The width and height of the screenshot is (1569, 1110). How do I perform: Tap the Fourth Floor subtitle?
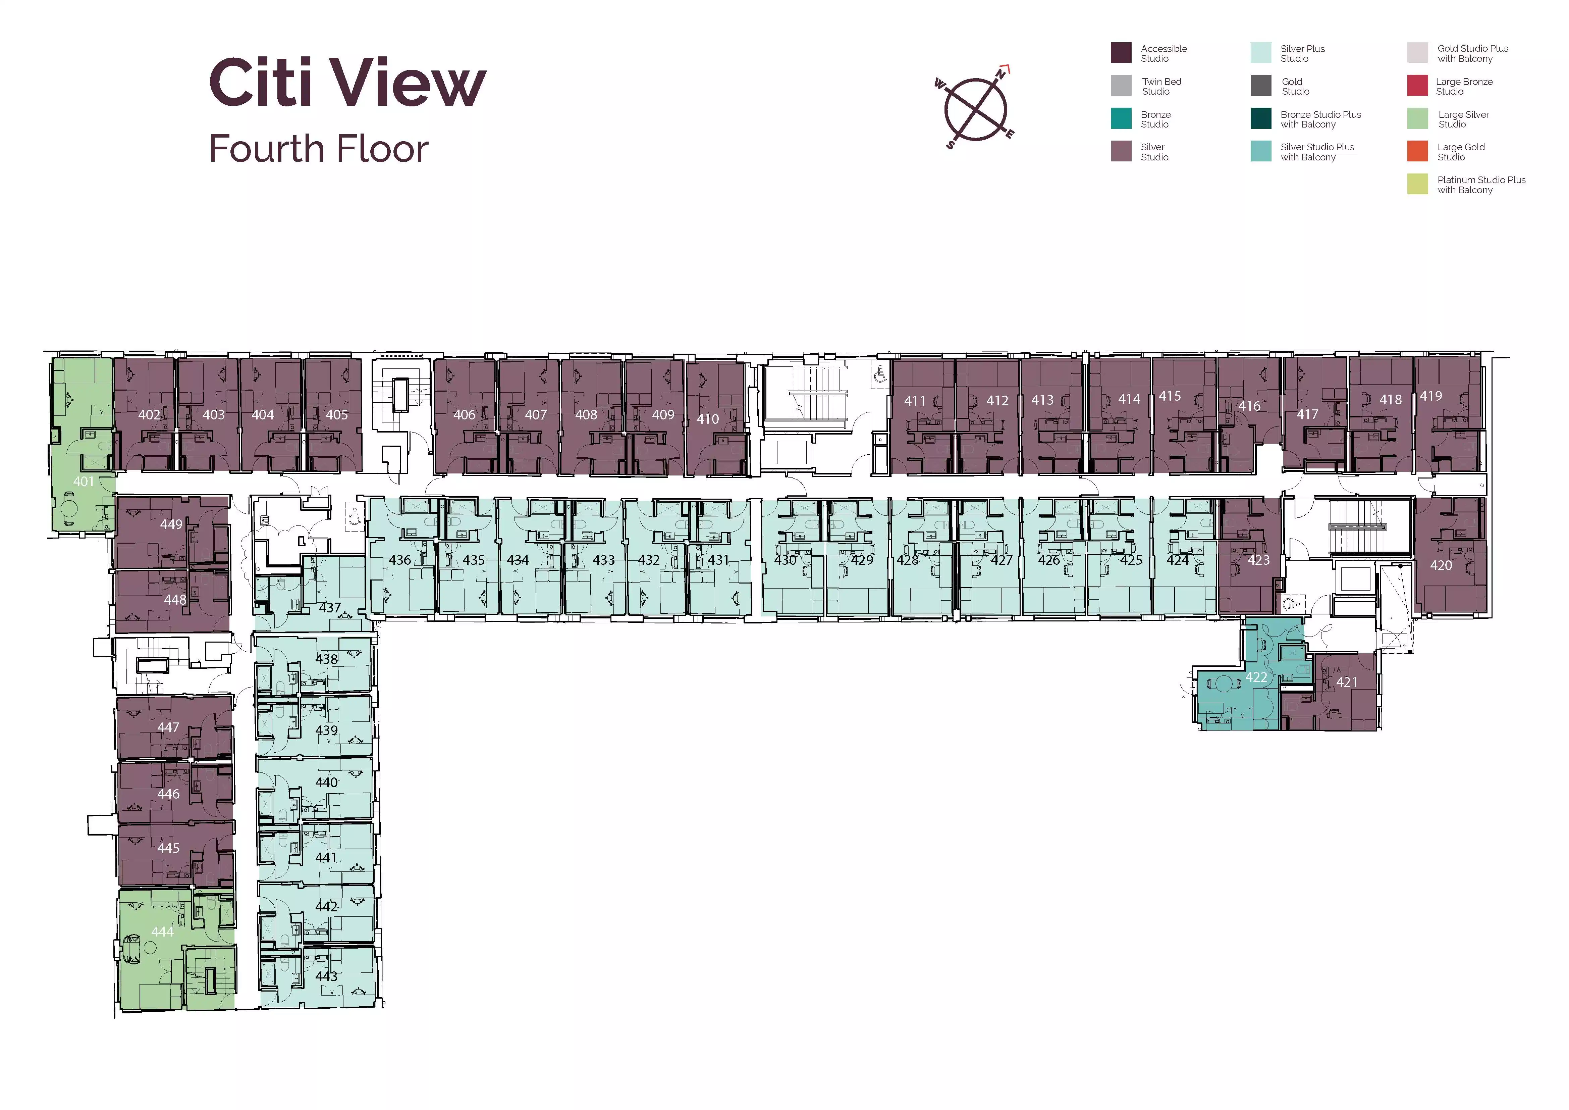[318, 149]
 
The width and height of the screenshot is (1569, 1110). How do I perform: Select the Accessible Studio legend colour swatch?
[1121, 53]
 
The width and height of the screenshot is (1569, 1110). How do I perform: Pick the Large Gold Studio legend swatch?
[1417, 151]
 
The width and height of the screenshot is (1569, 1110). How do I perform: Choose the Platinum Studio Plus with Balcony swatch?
[1417, 184]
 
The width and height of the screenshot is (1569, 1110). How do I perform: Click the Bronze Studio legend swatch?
[1121, 118]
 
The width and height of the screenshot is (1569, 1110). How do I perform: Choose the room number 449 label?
[171, 524]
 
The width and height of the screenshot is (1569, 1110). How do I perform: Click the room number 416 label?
[1249, 406]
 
